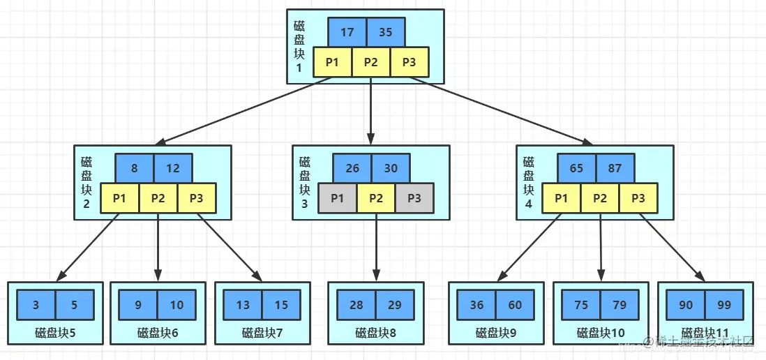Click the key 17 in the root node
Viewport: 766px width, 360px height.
(347, 32)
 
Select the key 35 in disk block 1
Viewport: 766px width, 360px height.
(385, 32)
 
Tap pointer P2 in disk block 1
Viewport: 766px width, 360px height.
(370, 62)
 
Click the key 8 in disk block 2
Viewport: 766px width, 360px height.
(135, 169)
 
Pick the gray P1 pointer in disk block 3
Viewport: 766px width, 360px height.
(337, 198)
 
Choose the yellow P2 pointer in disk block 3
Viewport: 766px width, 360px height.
(376, 198)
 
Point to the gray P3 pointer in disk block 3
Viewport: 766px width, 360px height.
(414, 198)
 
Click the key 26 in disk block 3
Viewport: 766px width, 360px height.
(352, 169)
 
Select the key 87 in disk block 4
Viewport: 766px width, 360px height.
(615, 169)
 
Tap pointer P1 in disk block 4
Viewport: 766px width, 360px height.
(561, 198)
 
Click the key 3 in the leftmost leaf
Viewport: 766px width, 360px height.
(36, 305)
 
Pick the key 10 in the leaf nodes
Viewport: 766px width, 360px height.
(177, 305)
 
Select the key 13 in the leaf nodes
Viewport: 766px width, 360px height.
(243, 305)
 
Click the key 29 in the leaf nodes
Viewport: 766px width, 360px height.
(395, 305)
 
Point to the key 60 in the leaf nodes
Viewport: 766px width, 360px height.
(516, 305)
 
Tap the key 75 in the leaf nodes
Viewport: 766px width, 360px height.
(581, 305)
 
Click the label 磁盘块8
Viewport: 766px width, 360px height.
(375, 333)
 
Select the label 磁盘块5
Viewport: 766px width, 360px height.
(55, 333)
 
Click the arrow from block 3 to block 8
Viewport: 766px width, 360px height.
(376, 248)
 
